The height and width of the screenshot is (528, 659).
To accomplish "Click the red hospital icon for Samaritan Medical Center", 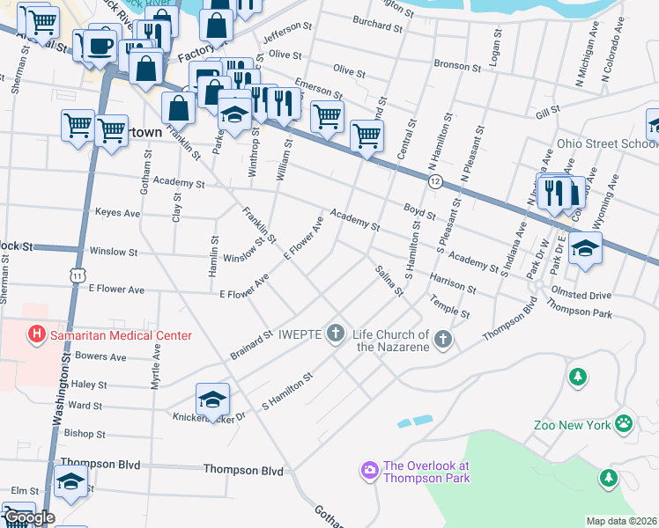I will pos(37,334).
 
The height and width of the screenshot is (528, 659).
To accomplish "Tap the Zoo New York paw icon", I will pos(624,424).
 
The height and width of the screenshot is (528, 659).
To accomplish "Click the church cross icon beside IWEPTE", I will pos(335,334).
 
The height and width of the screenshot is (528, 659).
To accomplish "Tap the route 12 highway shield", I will pos(435,180).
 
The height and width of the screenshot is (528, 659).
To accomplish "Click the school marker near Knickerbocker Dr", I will pos(212,401).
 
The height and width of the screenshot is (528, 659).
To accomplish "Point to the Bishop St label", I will pos(85,434).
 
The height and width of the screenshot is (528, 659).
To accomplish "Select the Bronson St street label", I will pos(458,64).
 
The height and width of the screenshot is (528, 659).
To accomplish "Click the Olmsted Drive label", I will pos(580,296).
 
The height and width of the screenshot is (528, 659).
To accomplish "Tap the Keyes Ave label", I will pos(117,213).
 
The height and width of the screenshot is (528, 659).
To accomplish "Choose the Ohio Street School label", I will pos(606,144).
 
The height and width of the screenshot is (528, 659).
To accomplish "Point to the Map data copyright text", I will pos(620,521).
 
